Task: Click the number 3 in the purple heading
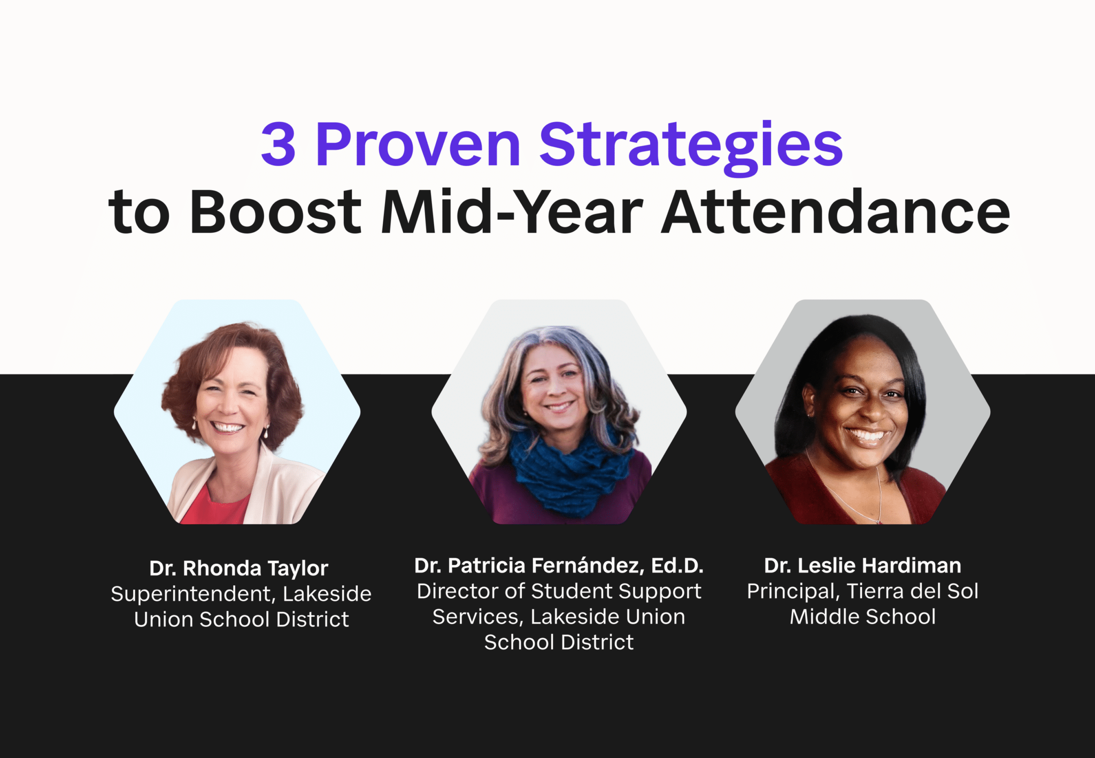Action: click(x=278, y=144)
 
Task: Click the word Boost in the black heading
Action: click(x=275, y=212)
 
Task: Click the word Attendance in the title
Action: click(x=835, y=212)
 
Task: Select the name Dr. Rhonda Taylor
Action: click(x=238, y=568)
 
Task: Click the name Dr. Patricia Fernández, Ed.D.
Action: click(x=559, y=565)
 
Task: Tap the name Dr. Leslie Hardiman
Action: click(x=862, y=565)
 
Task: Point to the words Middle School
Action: click(x=862, y=617)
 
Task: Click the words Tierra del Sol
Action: click(x=912, y=592)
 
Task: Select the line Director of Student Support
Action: click(x=559, y=592)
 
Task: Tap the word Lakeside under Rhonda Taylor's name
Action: click(x=327, y=594)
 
